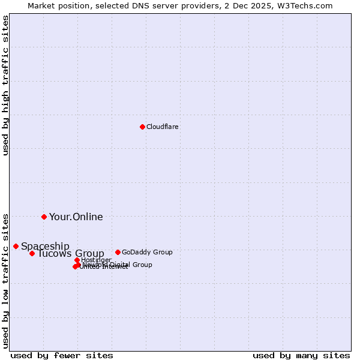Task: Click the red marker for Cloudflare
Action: [x=142, y=127]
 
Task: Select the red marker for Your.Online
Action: [x=44, y=217]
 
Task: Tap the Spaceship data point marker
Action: [x=16, y=246]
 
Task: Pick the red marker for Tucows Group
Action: [x=32, y=253]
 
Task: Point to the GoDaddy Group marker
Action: [x=118, y=252]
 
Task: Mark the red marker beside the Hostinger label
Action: [x=77, y=260]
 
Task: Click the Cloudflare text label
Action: [x=163, y=127]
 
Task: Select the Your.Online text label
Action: [x=76, y=217]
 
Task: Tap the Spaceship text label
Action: [x=45, y=246]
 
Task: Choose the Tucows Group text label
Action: [x=71, y=253]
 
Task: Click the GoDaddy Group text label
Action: [x=147, y=252]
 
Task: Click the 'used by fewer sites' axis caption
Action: [x=62, y=355]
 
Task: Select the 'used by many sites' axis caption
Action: [x=301, y=355]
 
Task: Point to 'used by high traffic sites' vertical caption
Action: [x=5, y=85]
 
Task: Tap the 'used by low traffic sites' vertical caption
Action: [x=5, y=280]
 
